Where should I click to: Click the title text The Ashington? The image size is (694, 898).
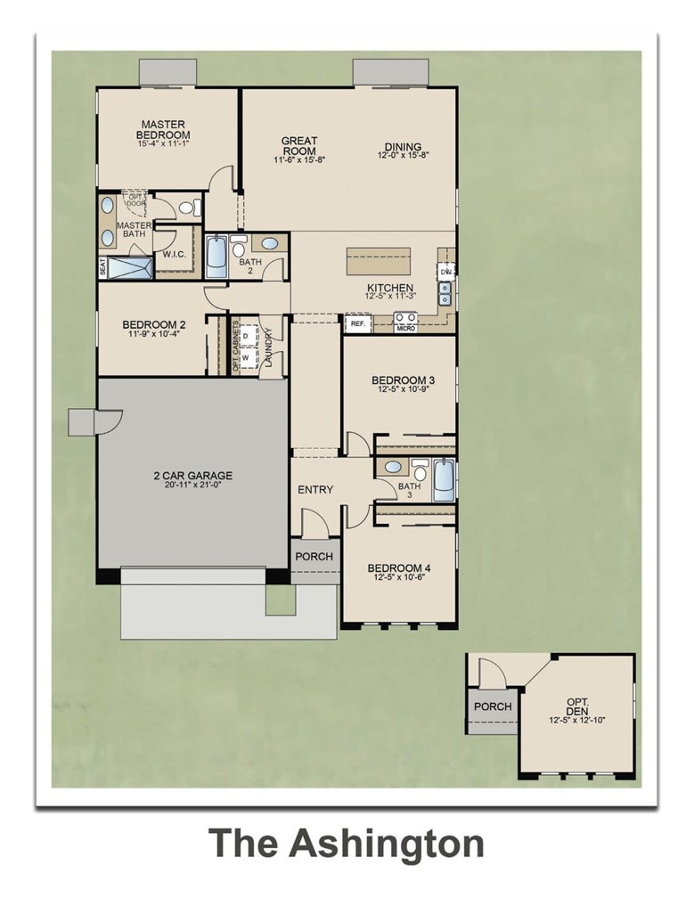point(347,843)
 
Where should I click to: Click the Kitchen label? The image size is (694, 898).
point(389,288)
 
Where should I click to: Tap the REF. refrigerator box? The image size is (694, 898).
point(358,324)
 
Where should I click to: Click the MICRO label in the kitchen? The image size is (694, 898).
point(405,329)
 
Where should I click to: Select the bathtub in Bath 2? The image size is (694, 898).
point(216,257)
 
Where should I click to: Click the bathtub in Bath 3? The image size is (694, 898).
point(444,480)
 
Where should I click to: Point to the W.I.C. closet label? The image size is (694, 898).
point(174,254)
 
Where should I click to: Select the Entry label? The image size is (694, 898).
point(314,490)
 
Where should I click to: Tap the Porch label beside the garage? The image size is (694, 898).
point(314,557)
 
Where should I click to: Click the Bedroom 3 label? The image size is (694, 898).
point(402,381)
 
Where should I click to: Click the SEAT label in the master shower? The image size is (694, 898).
point(102,266)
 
